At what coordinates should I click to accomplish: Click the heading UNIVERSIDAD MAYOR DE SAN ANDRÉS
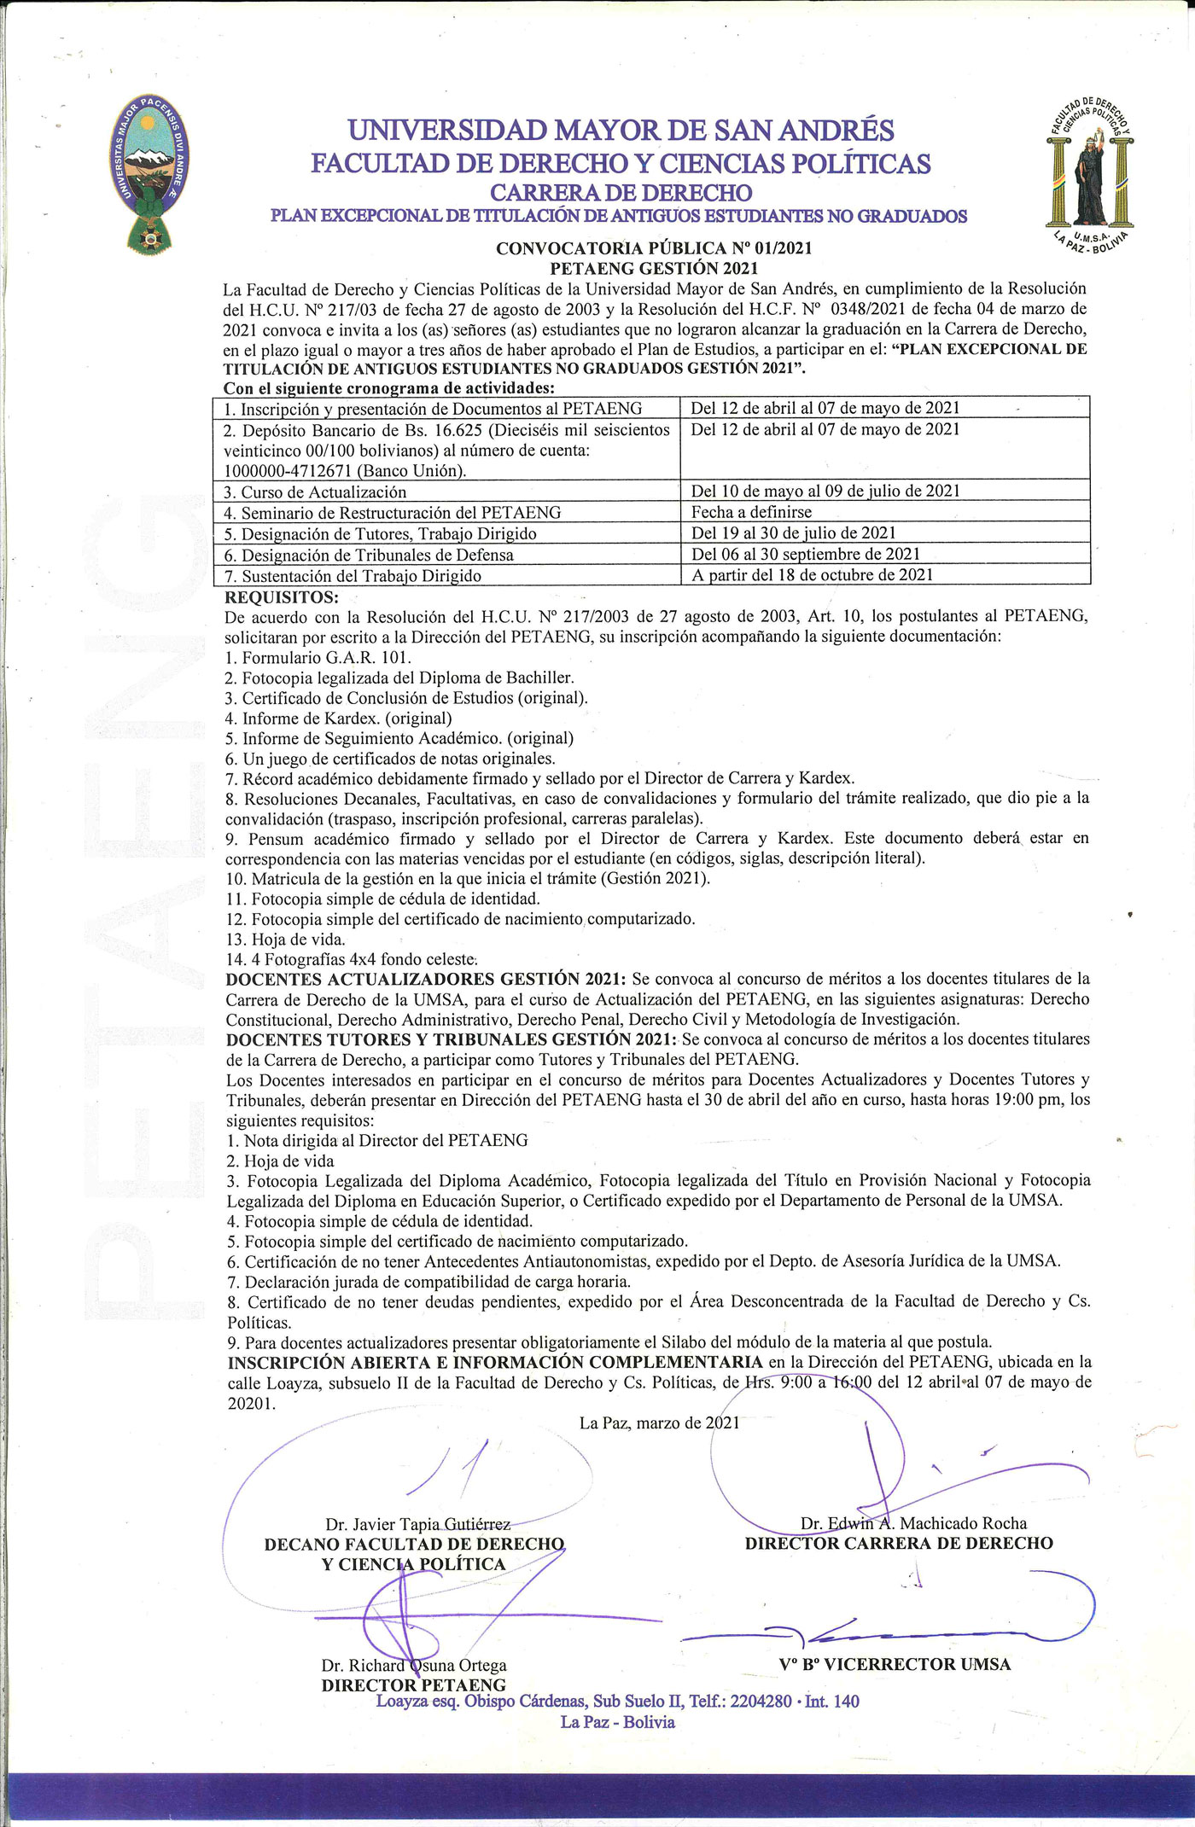point(621,131)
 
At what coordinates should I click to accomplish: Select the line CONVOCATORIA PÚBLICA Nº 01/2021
point(654,248)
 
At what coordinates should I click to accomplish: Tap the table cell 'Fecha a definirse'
point(751,512)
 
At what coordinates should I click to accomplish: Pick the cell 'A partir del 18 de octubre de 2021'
point(812,575)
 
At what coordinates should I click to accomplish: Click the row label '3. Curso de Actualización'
point(315,492)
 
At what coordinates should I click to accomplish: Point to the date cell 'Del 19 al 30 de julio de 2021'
point(793,533)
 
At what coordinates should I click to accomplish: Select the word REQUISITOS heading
point(282,596)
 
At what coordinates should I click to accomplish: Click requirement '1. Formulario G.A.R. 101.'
point(318,658)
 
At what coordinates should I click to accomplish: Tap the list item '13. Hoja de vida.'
point(286,940)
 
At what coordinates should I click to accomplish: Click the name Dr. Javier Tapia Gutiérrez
point(417,1524)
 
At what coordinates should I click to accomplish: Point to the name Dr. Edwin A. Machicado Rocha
point(913,1523)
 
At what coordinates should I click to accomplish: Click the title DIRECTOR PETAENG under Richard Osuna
point(414,1685)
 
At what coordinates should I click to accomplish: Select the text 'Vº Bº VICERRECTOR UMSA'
point(895,1664)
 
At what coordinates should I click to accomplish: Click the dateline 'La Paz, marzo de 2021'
point(659,1423)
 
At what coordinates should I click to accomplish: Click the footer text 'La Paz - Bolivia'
point(617,1722)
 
